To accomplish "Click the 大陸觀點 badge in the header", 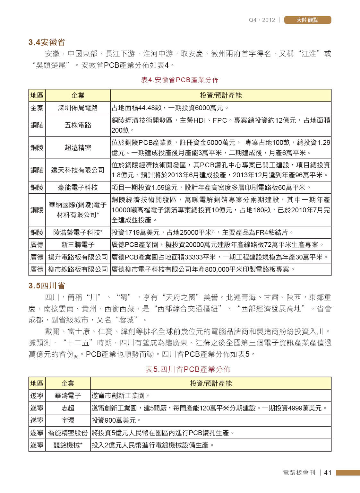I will coord(307,20).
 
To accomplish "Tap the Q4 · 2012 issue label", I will coord(262,20).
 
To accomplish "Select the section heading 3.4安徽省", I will coord(47,42).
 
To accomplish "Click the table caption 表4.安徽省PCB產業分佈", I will coord(180,80).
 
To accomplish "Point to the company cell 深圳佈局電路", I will coord(78,108).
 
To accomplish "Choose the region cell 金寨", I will coord(37,108).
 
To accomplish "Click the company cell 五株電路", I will coord(78,125).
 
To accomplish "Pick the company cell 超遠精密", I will coord(78,148).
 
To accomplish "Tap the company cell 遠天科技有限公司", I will coord(78,170).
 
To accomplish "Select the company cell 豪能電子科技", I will coord(78,188).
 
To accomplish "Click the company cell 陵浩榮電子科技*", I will coord(78,232).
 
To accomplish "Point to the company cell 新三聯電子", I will coord(78,245).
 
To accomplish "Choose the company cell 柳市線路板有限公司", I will coord(78,269).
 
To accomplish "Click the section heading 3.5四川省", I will coord(47,286).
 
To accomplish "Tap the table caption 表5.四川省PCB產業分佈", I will coord(188,369).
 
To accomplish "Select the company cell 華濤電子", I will coord(68,396).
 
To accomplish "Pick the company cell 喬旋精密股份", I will coord(68,433).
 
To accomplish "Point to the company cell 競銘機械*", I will coord(68,445).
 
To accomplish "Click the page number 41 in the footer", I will coord(328,472).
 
